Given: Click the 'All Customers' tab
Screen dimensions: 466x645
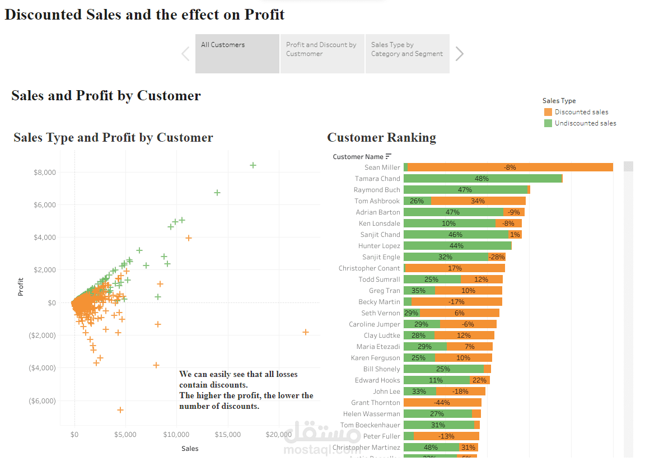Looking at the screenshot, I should tap(237, 54).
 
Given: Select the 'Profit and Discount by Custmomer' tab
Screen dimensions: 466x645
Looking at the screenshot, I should tap(322, 54).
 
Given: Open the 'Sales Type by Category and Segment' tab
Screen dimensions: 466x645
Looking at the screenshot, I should tap(407, 54).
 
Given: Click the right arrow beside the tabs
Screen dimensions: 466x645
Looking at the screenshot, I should tap(460, 54).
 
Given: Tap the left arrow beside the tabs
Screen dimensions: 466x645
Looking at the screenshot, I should tap(185, 54).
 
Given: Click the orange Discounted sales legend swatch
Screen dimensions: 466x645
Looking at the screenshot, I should tap(548, 112).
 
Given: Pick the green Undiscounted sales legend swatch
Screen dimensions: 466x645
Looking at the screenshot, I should tap(548, 123).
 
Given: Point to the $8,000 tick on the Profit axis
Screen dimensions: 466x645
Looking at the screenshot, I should tap(44, 173).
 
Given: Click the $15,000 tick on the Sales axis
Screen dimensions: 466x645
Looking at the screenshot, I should tap(228, 435).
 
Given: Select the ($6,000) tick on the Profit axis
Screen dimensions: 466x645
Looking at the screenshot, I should tap(43, 401).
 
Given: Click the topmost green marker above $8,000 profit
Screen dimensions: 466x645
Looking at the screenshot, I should tap(253, 165).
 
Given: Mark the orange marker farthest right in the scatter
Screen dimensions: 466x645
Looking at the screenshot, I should tap(306, 332).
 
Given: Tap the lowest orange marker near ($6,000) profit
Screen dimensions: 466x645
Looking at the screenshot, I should tap(120, 410).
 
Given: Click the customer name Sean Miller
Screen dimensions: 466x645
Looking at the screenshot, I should tap(382, 167).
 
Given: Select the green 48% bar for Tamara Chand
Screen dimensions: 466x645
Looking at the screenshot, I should tap(482, 179).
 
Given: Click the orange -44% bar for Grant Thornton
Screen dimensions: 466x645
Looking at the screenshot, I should tap(442, 403).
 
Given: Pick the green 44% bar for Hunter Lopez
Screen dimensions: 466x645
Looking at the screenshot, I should tap(457, 246).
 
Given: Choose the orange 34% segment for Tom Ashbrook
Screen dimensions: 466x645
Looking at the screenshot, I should tap(478, 201).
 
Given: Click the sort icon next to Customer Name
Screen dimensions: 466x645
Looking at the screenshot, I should tap(389, 156).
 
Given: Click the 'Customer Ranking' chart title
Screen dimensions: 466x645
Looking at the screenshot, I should tap(381, 138).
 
